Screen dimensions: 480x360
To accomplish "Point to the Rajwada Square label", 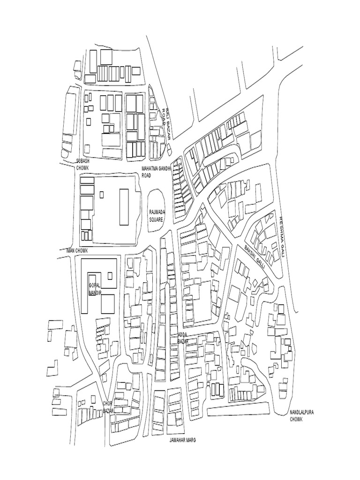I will click(x=156, y=216).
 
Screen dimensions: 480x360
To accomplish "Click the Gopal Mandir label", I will click(x=95, y=289).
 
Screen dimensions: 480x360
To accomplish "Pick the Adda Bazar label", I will click(x=183, y=338).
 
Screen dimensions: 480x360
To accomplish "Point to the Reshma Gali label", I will click(x=282, y=236).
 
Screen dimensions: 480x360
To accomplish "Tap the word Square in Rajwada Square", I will click(x=156, y=219).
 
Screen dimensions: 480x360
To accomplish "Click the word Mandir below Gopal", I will click(x=95, y=293).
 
